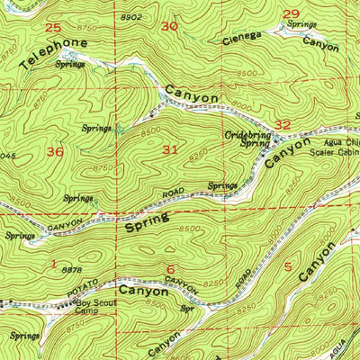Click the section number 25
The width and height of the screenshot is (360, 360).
[54, 28]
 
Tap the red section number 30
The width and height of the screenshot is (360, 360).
[169, 27]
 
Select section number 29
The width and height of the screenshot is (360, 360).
[290, 13]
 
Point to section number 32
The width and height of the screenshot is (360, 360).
[283, 125]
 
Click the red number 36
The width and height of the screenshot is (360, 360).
[55, 152]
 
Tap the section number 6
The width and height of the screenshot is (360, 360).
[170, 268]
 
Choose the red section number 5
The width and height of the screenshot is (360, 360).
[288, 266]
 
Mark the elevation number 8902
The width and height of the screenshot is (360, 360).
[130, 17]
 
